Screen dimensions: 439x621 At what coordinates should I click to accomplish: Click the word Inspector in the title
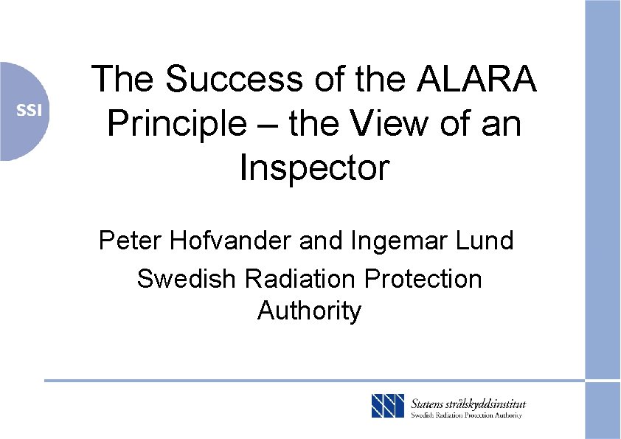tap(313, 168)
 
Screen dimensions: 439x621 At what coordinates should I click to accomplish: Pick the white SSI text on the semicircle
tap(30, 111)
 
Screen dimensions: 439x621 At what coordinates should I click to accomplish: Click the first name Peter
tap(126, 241)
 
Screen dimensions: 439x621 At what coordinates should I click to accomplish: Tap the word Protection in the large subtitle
tap(424, 279)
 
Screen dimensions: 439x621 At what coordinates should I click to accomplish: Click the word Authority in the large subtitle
tap(310, 311)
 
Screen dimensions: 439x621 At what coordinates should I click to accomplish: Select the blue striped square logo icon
tap(388, 406)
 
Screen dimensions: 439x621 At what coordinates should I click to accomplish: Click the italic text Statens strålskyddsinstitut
tap(468, 404)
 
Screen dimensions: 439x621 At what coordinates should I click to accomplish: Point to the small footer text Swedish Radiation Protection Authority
tap(466, 415)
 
